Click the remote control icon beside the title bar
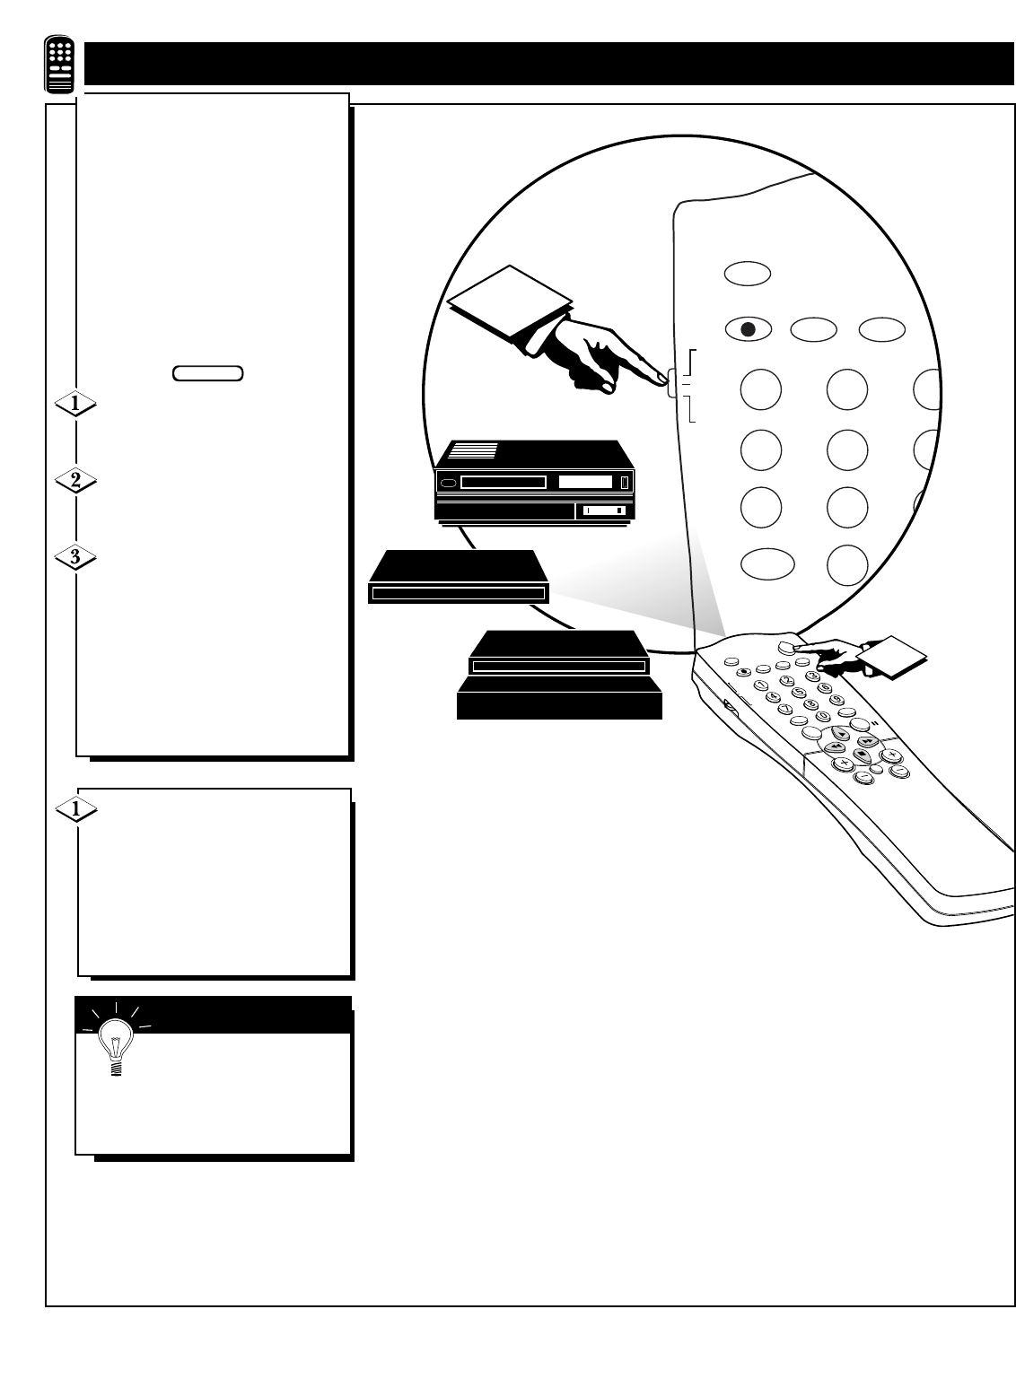click(59, 65)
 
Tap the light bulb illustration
click(115, 1045)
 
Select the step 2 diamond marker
click(76, 480)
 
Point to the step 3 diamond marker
click(76, 557)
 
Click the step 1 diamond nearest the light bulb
click(76, 808)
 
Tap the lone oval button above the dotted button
click(747, 273)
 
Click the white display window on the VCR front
click(584, 483)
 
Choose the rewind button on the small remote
click(835, 746)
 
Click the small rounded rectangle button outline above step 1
click(208, 373)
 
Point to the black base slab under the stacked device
click(559, 704)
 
